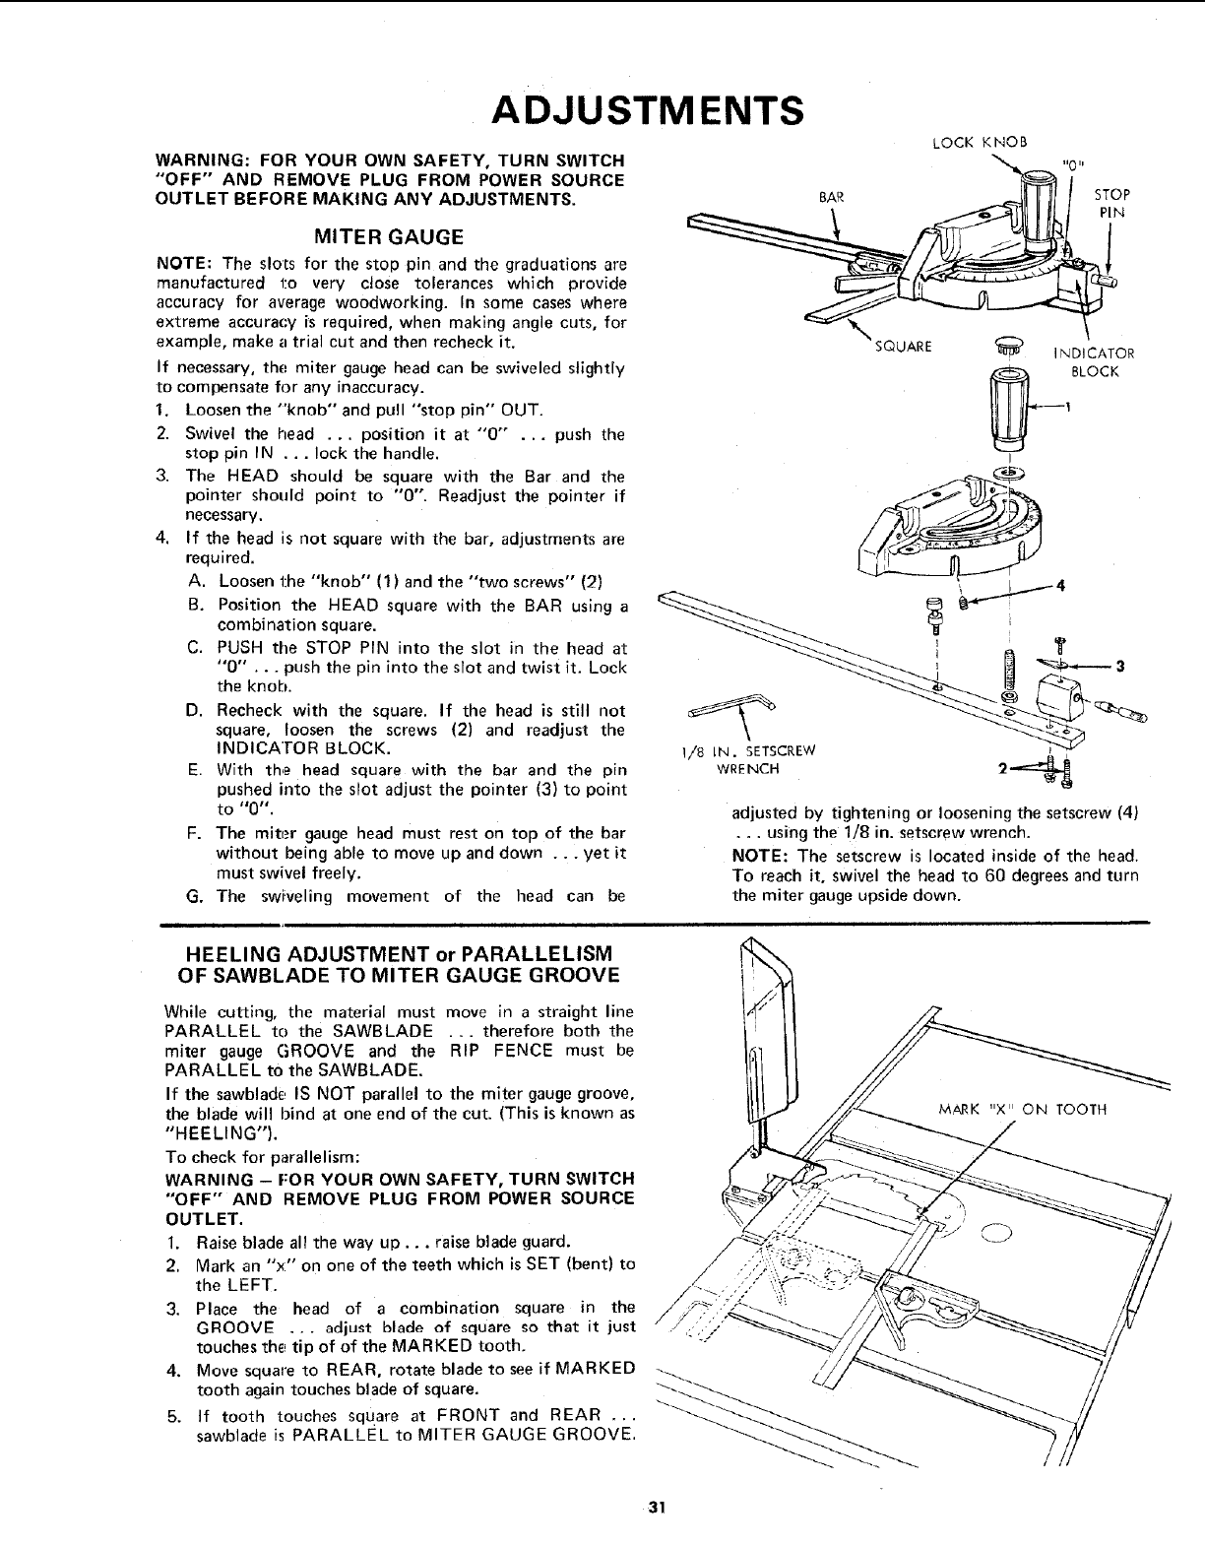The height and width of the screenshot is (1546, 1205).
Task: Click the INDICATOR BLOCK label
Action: point(1094,362)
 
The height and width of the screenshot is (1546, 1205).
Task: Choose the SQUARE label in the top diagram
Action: point(903,347)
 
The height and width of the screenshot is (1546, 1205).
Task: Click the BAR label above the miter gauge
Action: point(829,196)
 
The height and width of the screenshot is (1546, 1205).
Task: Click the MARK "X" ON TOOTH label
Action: point(1025,1109)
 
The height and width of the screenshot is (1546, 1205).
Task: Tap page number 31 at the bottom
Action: point(659,1508)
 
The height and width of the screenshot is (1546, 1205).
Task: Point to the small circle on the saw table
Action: point(995,1229)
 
